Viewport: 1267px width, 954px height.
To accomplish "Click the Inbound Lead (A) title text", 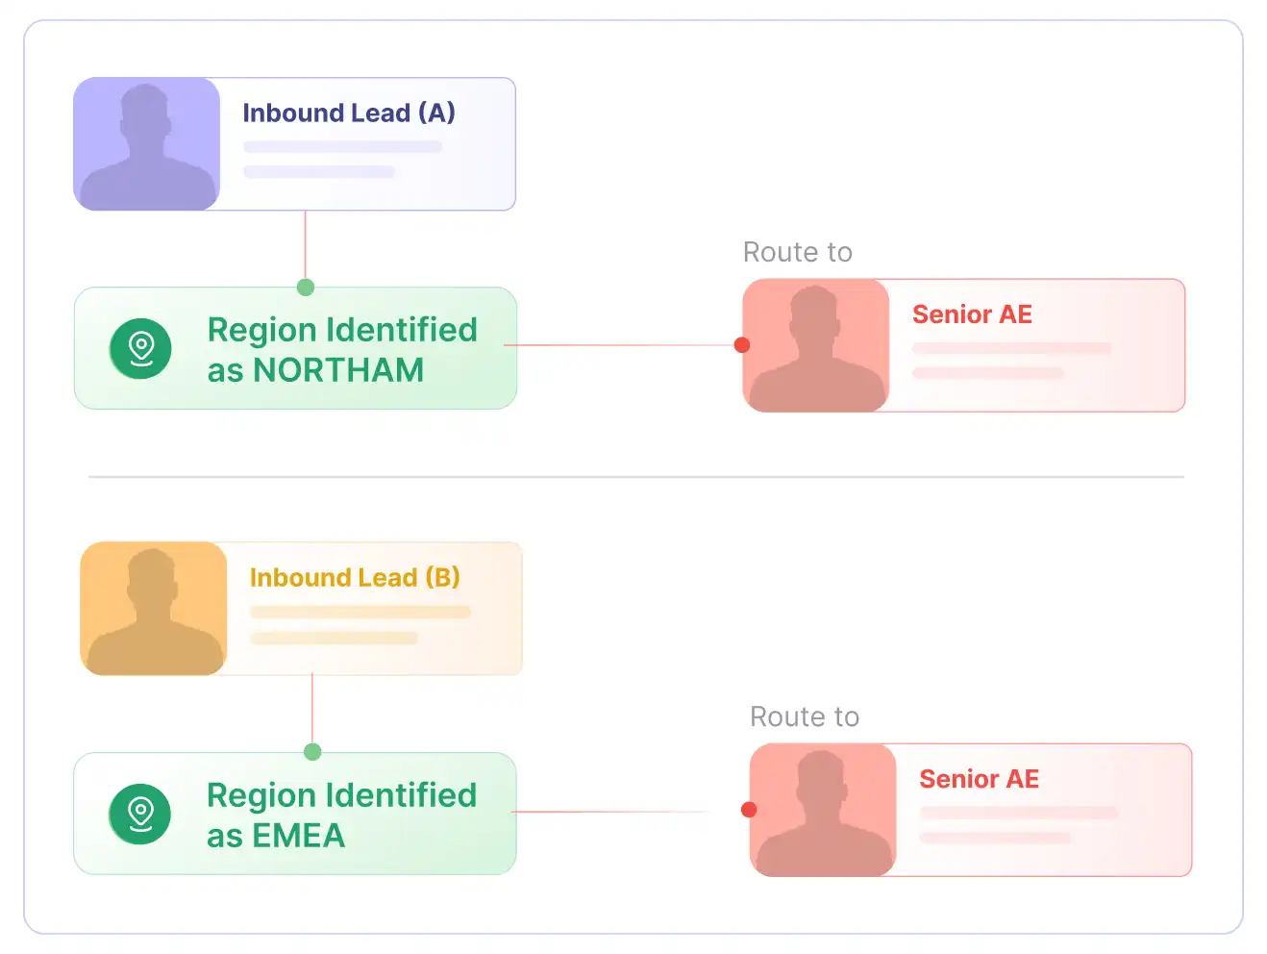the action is (349, 113).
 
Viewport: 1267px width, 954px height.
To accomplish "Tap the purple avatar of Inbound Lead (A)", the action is (147, 144).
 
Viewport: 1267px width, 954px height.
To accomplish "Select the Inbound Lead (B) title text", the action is (355, 577).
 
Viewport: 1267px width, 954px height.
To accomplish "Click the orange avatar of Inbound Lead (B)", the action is (154, 609).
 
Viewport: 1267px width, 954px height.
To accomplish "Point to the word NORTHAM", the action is (338, 370).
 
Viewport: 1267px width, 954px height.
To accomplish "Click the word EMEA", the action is (298, 836).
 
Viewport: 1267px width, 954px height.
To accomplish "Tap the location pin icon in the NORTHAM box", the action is (140, 349).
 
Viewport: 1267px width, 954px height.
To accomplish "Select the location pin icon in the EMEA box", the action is (139, 815).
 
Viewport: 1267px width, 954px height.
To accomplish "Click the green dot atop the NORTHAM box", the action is (306, 287).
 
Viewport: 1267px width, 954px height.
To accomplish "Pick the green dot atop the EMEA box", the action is (312, 752).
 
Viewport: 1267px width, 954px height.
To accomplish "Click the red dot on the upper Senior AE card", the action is (742, 345).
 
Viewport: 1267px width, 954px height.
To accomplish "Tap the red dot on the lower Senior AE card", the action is (749, 810).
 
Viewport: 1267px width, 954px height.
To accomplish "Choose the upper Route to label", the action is (798, 252).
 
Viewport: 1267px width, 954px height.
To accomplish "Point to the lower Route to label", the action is (805, 717).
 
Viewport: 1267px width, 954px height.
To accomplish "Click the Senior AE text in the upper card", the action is (972, 314).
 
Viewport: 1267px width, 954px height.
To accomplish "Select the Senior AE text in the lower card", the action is (979, 780).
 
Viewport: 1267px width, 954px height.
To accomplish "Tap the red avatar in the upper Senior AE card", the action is (815, 345).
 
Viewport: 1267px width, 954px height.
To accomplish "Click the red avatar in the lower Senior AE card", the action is (823, 810).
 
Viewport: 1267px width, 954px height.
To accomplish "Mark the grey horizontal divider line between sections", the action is (636, 478).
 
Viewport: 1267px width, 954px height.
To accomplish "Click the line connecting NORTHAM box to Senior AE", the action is (619, 345).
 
